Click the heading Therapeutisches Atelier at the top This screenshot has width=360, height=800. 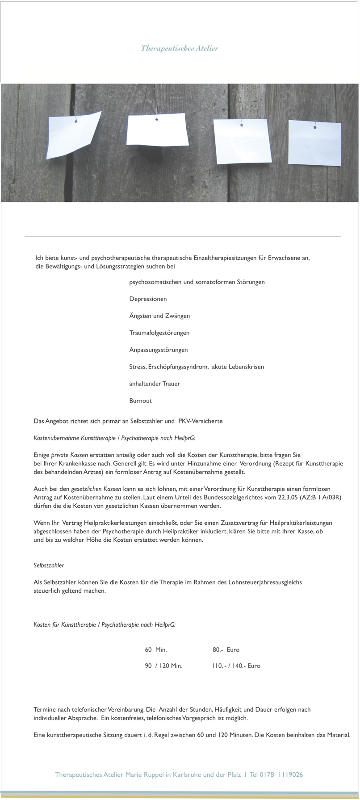180,48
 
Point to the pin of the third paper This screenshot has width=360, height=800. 242,125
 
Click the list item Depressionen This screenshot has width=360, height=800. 148,299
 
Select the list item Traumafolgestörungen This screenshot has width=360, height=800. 159,333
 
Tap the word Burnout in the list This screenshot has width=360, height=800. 140,401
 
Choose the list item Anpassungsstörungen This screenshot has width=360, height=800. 158,350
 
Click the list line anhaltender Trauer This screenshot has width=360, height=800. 155,384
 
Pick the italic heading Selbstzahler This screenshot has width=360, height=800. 49,565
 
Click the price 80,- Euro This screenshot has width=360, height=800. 226,649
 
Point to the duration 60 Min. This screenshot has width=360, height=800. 156,649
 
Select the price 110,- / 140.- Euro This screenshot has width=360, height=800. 236,666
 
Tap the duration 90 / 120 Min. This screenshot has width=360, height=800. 163,666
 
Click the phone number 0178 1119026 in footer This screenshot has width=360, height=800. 281,775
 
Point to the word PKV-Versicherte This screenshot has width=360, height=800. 200,421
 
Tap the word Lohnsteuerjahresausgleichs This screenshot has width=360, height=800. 265,582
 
